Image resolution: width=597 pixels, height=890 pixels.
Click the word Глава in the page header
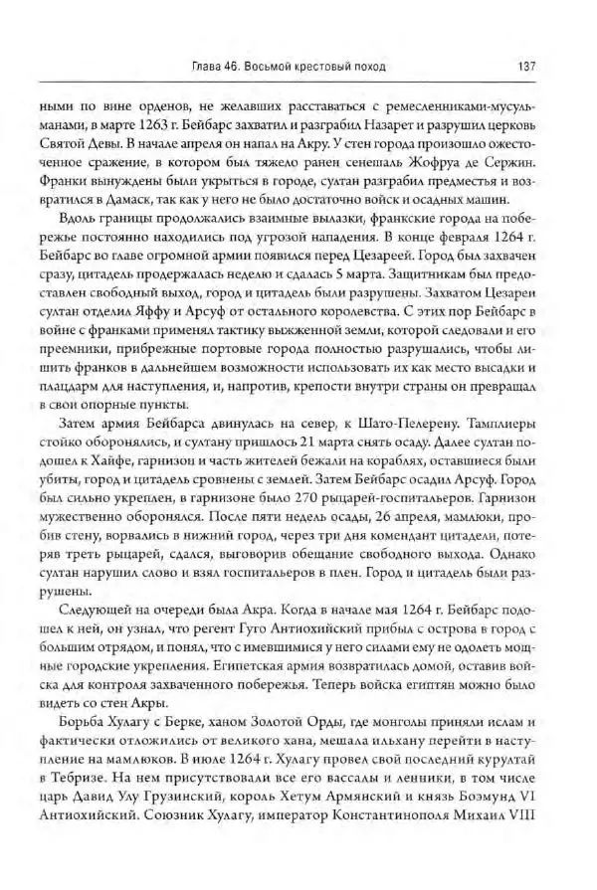coord(206,68)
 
